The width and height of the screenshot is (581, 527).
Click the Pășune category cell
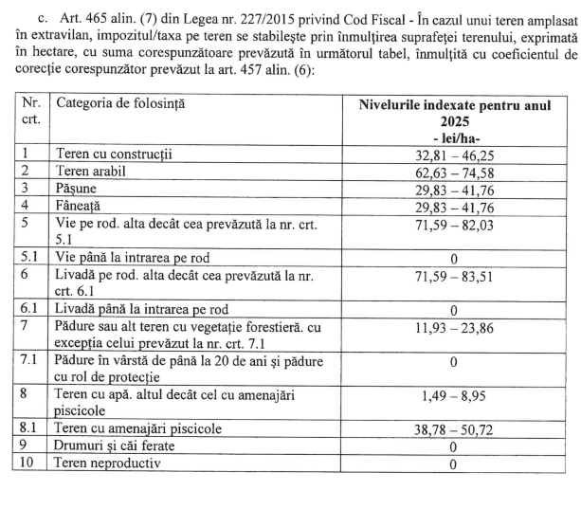[81, 188]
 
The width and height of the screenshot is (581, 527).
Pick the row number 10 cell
[28, 463]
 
